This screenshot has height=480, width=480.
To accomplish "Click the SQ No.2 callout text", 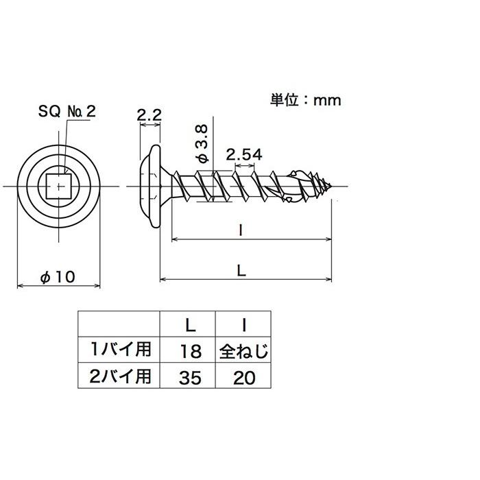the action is [67, 111].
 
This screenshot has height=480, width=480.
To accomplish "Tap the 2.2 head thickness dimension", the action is [149, 115].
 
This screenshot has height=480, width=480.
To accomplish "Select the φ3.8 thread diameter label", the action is [202, 143].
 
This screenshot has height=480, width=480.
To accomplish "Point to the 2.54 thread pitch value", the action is [244, 155].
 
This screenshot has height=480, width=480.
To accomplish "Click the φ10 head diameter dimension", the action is [58, 277].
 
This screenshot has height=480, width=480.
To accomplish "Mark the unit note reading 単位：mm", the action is [305, 100].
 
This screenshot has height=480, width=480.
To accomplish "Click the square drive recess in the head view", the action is [58, 186].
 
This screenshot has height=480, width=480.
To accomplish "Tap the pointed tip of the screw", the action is [331, 186].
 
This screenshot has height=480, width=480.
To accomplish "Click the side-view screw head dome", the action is [151, 186].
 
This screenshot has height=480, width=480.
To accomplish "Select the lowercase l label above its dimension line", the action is [241, 230].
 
